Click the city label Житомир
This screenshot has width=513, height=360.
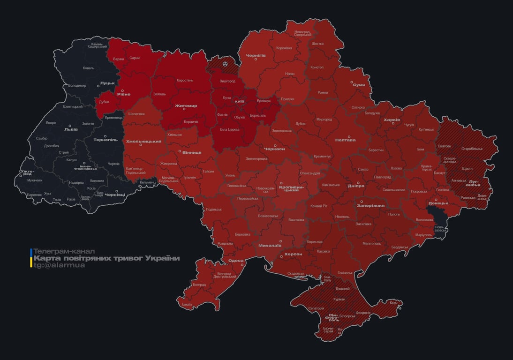(x=186, y=106)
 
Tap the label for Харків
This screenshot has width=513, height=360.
(x=392, y=120)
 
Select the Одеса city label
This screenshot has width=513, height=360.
(x=235, y=261)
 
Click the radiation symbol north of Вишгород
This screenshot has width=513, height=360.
(x=226, y=62)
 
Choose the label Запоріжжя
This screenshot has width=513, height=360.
(x=370, y=206)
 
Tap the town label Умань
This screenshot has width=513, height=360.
(x=230, y=175)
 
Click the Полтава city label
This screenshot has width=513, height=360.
(x=345, y=140)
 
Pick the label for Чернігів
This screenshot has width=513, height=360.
(x=256, y=55)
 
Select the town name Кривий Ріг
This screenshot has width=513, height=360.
(x=319, y=206)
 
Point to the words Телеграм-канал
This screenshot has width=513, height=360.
(x=64, y=252)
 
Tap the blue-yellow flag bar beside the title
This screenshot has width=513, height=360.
(x=31, y=258)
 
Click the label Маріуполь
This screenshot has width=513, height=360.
(x=423, y=234)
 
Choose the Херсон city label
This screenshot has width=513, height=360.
(x=294, y=254)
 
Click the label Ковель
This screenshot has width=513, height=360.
(x=89, y=68)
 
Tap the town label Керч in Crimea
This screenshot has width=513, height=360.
(x=393, y=303)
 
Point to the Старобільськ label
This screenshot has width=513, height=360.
(x=472, y=149)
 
